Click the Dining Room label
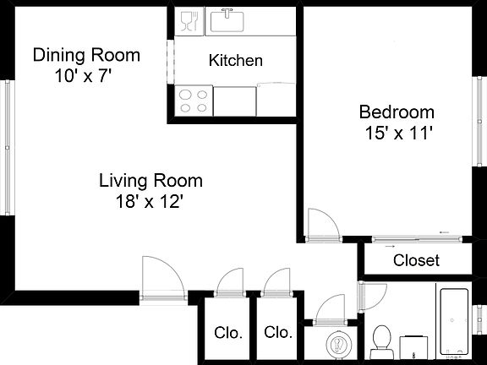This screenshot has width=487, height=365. coord(86,56)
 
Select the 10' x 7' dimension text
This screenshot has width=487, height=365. coord(82,74)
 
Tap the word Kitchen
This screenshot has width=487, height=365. coord(235,61)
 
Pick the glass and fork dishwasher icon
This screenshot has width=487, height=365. coord(188,21)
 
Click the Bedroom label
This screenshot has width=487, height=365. coord(397,112)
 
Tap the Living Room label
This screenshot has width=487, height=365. coord(150,180)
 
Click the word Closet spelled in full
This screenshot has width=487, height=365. coord(416,260)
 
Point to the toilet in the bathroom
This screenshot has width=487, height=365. coord(382,339)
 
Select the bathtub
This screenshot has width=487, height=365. coord(453,322)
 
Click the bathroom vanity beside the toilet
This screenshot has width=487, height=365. coord(412,345)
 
